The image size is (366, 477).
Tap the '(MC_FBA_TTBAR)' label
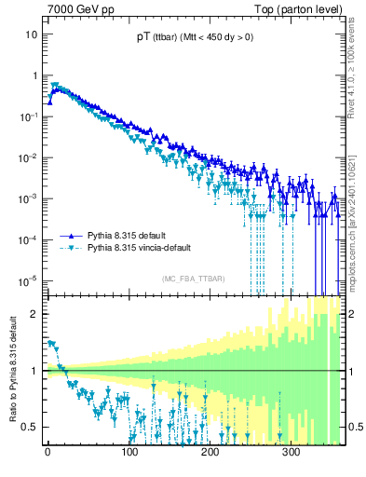[x=193, y=279]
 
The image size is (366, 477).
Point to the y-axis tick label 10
[x=31, y=34]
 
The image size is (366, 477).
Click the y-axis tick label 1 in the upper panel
[x=34, y=75]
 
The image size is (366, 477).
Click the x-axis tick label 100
[x=129, y=454]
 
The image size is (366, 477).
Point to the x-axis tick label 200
[x=210, y=454]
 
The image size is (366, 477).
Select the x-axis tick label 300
[x=291, y=454]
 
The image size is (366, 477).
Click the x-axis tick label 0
[x=47, y=454]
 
